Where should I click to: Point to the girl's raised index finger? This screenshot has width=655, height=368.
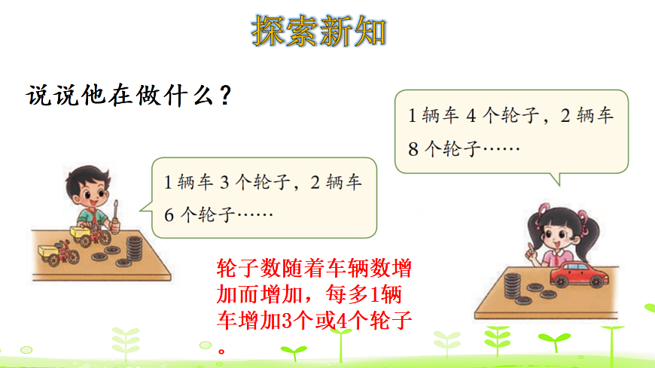pos(532,248)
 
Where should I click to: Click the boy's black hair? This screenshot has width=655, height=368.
pos(84,179)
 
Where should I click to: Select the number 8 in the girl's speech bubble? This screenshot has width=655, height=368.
pos(412,148)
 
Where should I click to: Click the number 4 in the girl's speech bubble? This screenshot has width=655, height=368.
pos(471,116)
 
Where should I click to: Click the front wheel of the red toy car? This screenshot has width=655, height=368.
pos(599,281)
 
